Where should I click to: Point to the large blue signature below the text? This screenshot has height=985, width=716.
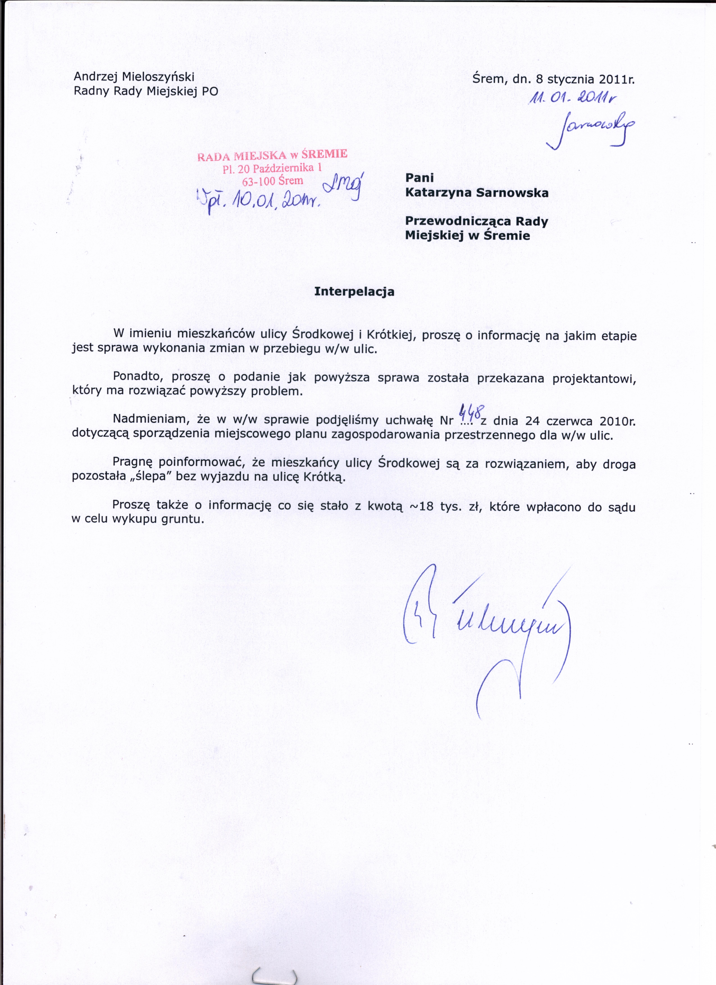point(486,625)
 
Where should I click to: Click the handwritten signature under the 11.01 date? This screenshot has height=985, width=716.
point(593,128)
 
